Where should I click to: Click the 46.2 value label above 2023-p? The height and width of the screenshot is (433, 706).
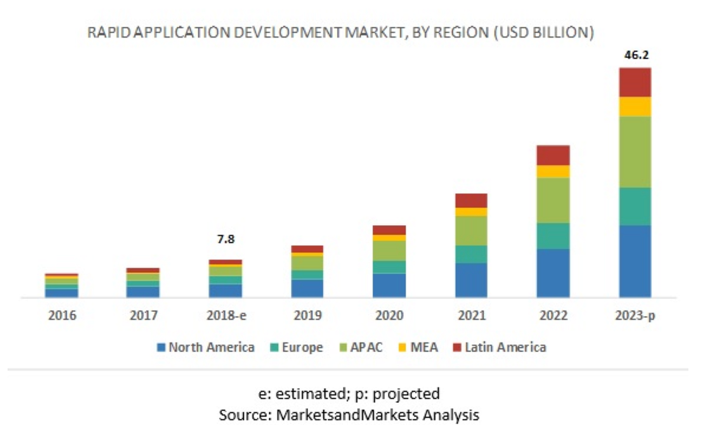point(634,55)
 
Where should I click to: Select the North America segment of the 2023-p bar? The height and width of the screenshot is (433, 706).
point(634,261)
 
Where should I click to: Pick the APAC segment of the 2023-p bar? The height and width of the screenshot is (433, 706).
point(634,152)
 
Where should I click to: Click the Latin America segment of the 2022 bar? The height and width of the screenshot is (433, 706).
point(553,155)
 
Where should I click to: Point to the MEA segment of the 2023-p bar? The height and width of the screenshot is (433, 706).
point(634,106)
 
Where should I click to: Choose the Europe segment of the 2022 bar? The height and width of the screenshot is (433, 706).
point(553,235)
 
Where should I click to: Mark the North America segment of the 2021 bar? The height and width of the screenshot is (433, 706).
point(471,280)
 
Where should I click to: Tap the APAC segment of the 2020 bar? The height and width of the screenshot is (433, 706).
point(389,251)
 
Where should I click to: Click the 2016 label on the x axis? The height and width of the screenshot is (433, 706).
point(62,316)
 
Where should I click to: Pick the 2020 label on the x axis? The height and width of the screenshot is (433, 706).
point(389,316)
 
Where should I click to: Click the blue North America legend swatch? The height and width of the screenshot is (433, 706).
point(161,347)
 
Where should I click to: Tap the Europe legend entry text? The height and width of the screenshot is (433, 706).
point(303,347)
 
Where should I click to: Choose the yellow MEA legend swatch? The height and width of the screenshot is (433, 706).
point(399,347)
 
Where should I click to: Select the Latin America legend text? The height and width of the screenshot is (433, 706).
point(505,347)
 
